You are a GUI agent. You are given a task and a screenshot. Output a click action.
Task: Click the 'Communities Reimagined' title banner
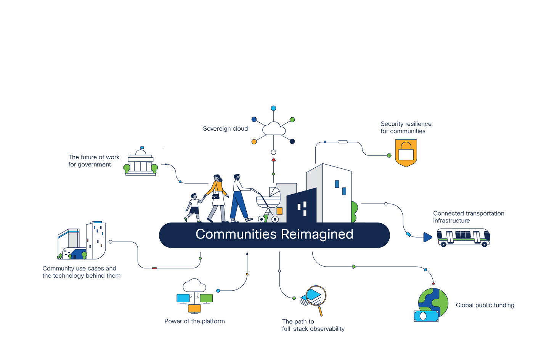[x=274, y=235]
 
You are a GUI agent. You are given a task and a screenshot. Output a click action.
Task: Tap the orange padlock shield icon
[x=406, y=153]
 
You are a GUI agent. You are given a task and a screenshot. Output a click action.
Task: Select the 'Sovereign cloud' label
[x=225, y=129]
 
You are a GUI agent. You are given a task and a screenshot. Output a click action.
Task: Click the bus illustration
[x=463, y=237]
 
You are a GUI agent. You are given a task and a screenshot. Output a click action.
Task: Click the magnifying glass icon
[x=316, y=297]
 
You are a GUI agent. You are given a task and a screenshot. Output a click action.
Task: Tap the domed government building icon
[x=141, y=162]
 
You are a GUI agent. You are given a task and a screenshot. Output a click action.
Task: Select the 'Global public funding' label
[x=485, y=305]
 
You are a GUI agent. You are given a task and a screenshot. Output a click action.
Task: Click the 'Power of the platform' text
[x=194, y=321]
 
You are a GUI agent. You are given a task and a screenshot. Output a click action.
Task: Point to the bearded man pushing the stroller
[x=239, y=198]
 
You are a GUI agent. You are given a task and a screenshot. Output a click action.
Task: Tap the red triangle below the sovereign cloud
[x=273, y=160]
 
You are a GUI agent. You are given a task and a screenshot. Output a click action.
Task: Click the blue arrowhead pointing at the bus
[x=427, y=237]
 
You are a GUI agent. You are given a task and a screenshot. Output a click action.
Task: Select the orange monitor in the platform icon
[x=194, y=308]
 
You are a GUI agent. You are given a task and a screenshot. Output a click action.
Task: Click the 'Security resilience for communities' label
[x=406, y=127]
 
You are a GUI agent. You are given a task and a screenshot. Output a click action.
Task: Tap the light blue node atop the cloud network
[x=273, y=108]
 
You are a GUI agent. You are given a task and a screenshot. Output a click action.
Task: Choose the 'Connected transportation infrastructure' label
[x=469, y=217]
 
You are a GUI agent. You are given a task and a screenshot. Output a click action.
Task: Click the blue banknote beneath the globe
[x=426, y=316]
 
